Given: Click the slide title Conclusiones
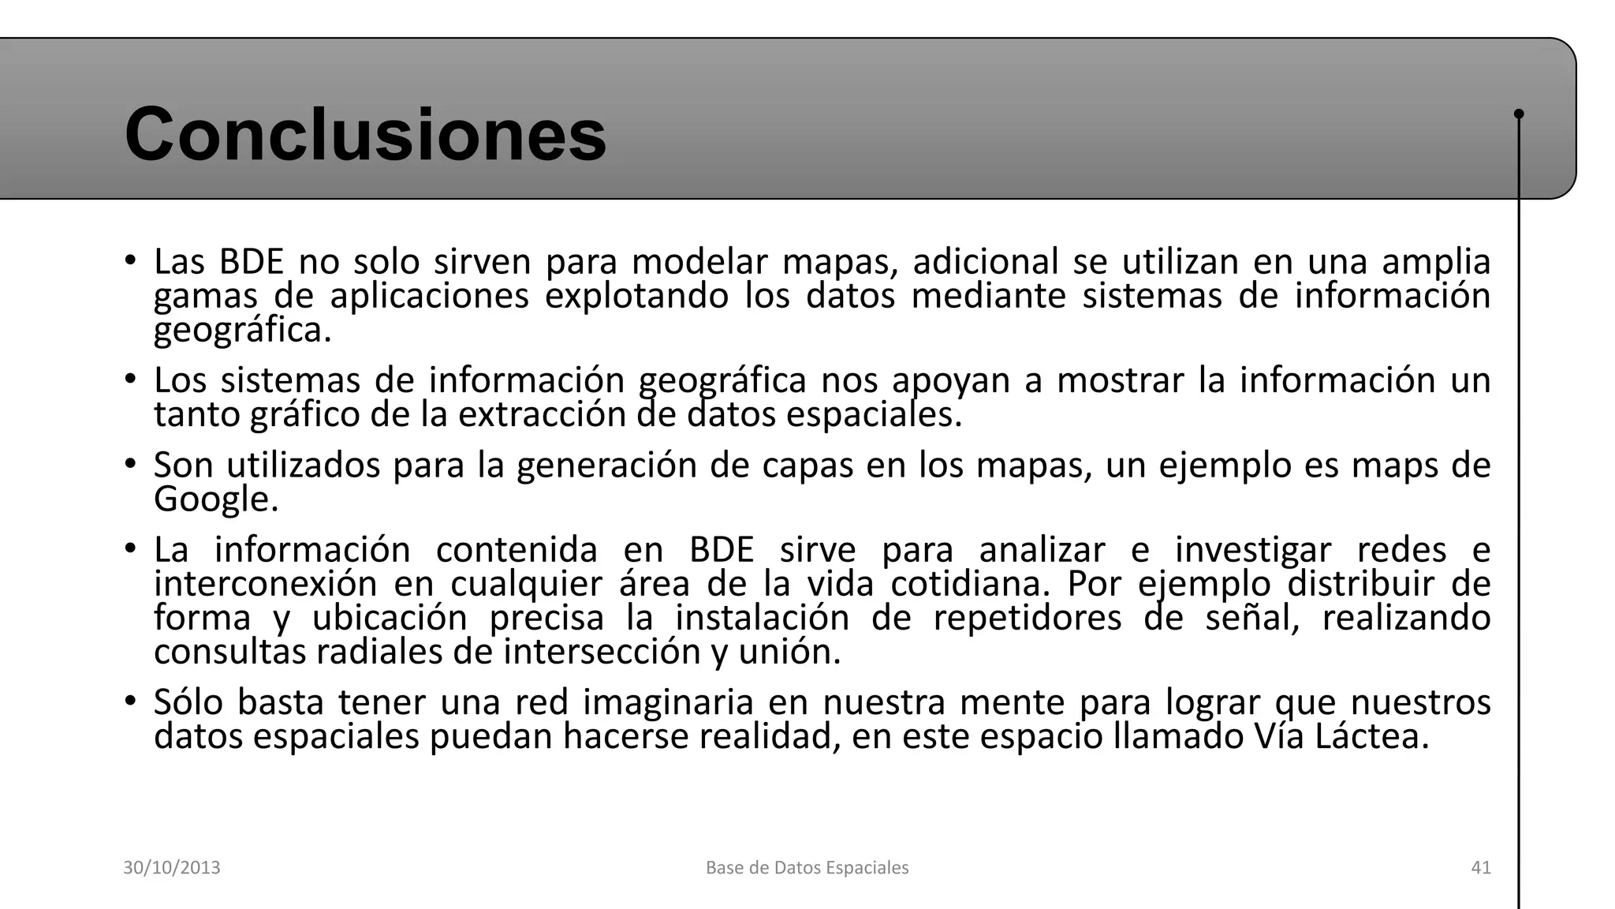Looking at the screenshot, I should (x=365, y=134).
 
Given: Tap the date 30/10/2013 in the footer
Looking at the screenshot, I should (x=171, y=868).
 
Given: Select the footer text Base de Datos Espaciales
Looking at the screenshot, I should (x=807, y=868).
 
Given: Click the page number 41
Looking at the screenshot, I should (x=1481, y=868).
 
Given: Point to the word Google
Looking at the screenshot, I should (x=215, y=499).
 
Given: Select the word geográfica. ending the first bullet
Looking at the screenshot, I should (x=242, y=331).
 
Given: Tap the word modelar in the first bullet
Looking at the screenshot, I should (x=699, y=262).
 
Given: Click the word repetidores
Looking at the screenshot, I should (x=1027, y=618).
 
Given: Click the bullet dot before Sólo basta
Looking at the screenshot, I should (x=131, y=701).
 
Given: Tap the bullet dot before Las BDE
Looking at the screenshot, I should (x=131, y=260).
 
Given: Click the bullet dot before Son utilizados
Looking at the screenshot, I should (x=131, y=464).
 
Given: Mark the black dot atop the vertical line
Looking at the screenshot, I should (x=1519, y=114).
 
